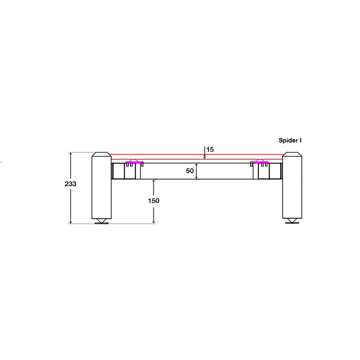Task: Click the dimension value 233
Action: coord(70,184)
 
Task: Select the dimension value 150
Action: coord(153,201)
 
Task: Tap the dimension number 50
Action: coord(190,171)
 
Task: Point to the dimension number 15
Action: coord(210,149)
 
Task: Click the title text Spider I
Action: coord(290,140)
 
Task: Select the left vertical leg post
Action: coord(102,185)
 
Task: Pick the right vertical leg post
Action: coord(292,185)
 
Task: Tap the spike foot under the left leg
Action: coord(102,221)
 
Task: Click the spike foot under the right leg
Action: coord(292,221)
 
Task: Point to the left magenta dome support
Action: coord(133,162)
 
